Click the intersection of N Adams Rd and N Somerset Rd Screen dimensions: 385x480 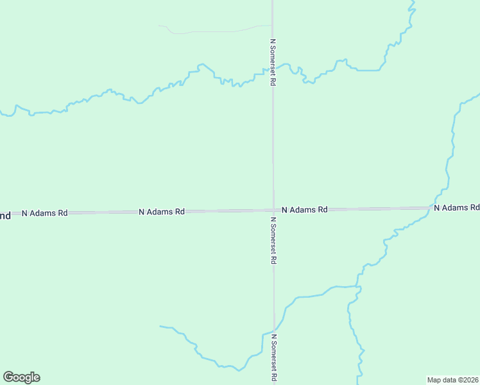pyautogui.click(x=273, y=210)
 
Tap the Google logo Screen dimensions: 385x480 pyautogui.click(x=21, y=377)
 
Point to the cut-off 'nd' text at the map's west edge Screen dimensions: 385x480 pyautogui.click(x=5, y=216)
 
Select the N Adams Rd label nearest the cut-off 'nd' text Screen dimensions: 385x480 pyautogui.click(x=44, y=212)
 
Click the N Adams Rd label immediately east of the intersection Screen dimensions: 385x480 pyautogui.click(x=304, y=209)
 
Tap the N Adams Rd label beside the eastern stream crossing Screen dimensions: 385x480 pyautogui.click(x=456, y=207)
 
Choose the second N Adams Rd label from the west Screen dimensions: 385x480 pyautogui.click(x=162, y=211)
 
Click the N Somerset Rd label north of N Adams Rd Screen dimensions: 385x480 pyautogui.click(x=273, y=62)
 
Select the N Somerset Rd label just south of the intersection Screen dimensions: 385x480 pyautogui.click(x=273, y=241)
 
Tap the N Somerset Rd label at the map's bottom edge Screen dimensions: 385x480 pyautogui.click(x=274, y=358)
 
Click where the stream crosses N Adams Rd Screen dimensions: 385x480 pyautogui.click(x=432, y=207)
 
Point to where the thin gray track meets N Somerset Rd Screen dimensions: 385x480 pyautogui.click(x=272, y=26)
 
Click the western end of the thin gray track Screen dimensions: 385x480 pyautogui.click(x=159, y=26)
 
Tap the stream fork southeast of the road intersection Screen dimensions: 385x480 pyautogui.click(x=357, y=286)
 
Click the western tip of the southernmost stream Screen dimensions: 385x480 pyautogui.click(x=160, y=327)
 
